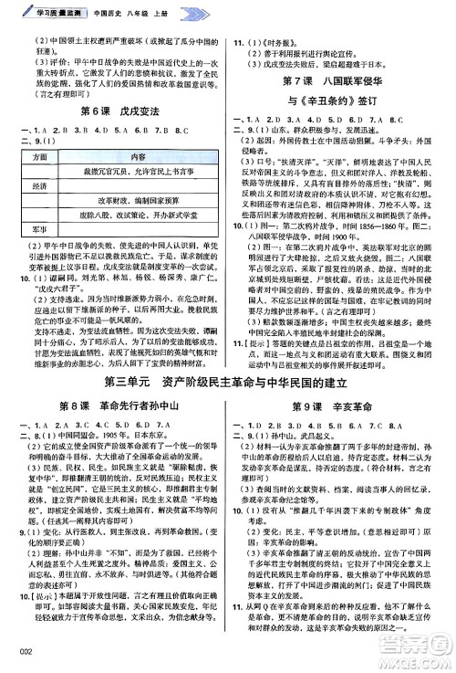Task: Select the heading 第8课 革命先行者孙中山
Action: point(114,380)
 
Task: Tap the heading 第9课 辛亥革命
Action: point(342,380)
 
